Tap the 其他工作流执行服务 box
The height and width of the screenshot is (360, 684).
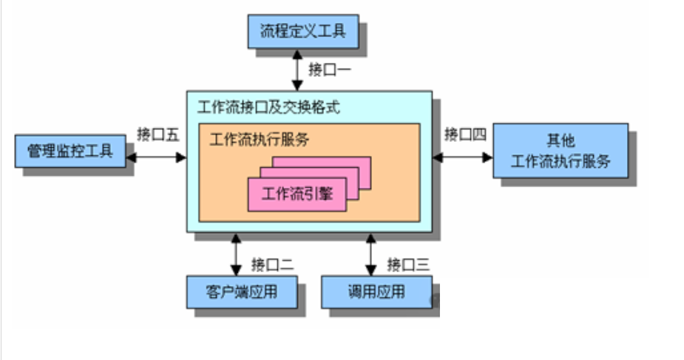coord(560,151)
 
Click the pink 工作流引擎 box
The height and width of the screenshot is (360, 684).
coord(297,194)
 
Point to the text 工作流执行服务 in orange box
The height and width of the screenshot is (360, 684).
coord(259,140)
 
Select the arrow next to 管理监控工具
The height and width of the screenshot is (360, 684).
coord(156,157)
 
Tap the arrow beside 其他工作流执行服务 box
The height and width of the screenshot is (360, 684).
coord(463,156)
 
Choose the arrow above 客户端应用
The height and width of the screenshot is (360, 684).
coord(236,254)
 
